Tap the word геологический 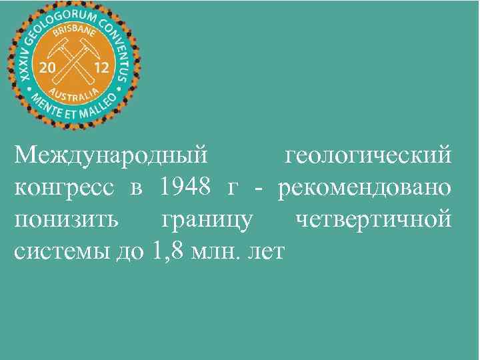[x=368, y=155]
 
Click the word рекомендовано [x=365, y=187]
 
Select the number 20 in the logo [x=48, y=68]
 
